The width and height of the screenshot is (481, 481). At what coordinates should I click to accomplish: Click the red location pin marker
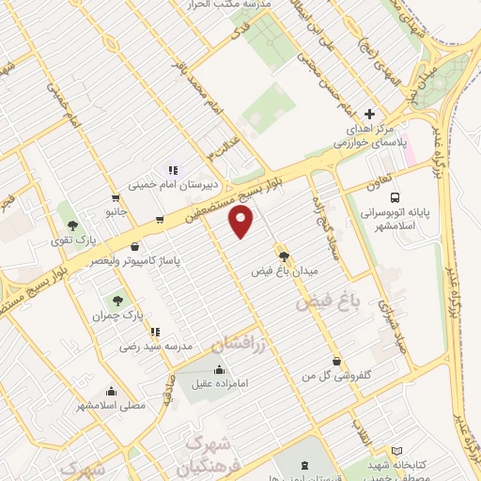[242, 222]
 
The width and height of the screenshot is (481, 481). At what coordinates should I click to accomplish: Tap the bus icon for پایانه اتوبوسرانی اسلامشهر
[396, 198]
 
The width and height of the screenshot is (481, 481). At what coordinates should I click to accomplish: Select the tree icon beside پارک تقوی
[72, 225]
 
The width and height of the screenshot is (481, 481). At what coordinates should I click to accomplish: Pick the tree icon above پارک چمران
[117, 301]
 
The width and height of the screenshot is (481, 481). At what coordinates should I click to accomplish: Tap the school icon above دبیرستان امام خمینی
[172, 170]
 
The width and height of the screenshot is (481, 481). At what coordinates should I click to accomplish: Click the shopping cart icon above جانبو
[115, 198]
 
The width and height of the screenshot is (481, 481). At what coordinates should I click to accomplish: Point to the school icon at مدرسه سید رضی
[154, 332]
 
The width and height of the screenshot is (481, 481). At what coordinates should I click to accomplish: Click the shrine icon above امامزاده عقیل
[219, 368]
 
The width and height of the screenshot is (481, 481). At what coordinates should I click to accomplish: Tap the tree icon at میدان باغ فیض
[282, 256]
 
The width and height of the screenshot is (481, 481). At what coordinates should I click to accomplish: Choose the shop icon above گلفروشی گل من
[336, 361]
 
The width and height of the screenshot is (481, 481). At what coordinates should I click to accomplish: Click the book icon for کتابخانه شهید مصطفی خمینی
[396, 451]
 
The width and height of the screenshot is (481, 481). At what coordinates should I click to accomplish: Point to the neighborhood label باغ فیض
[328, 302]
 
